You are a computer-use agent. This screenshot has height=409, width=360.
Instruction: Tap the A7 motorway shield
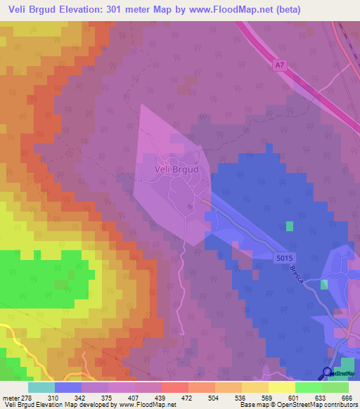coord(281,65)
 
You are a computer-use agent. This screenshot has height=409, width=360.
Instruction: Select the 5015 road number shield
coord(285,259)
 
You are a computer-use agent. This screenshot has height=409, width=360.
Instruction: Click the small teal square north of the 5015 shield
coord(290,226)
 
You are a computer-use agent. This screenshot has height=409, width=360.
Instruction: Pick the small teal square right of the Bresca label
coord(324,284)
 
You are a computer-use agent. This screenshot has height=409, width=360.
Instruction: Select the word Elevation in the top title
coord(86,9)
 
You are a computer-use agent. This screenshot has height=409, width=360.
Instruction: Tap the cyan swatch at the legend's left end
coord(41,387)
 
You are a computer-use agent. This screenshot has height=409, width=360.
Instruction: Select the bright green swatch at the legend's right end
coord(335,387)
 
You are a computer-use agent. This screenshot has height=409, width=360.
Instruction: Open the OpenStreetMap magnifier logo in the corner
coord(328,375)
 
